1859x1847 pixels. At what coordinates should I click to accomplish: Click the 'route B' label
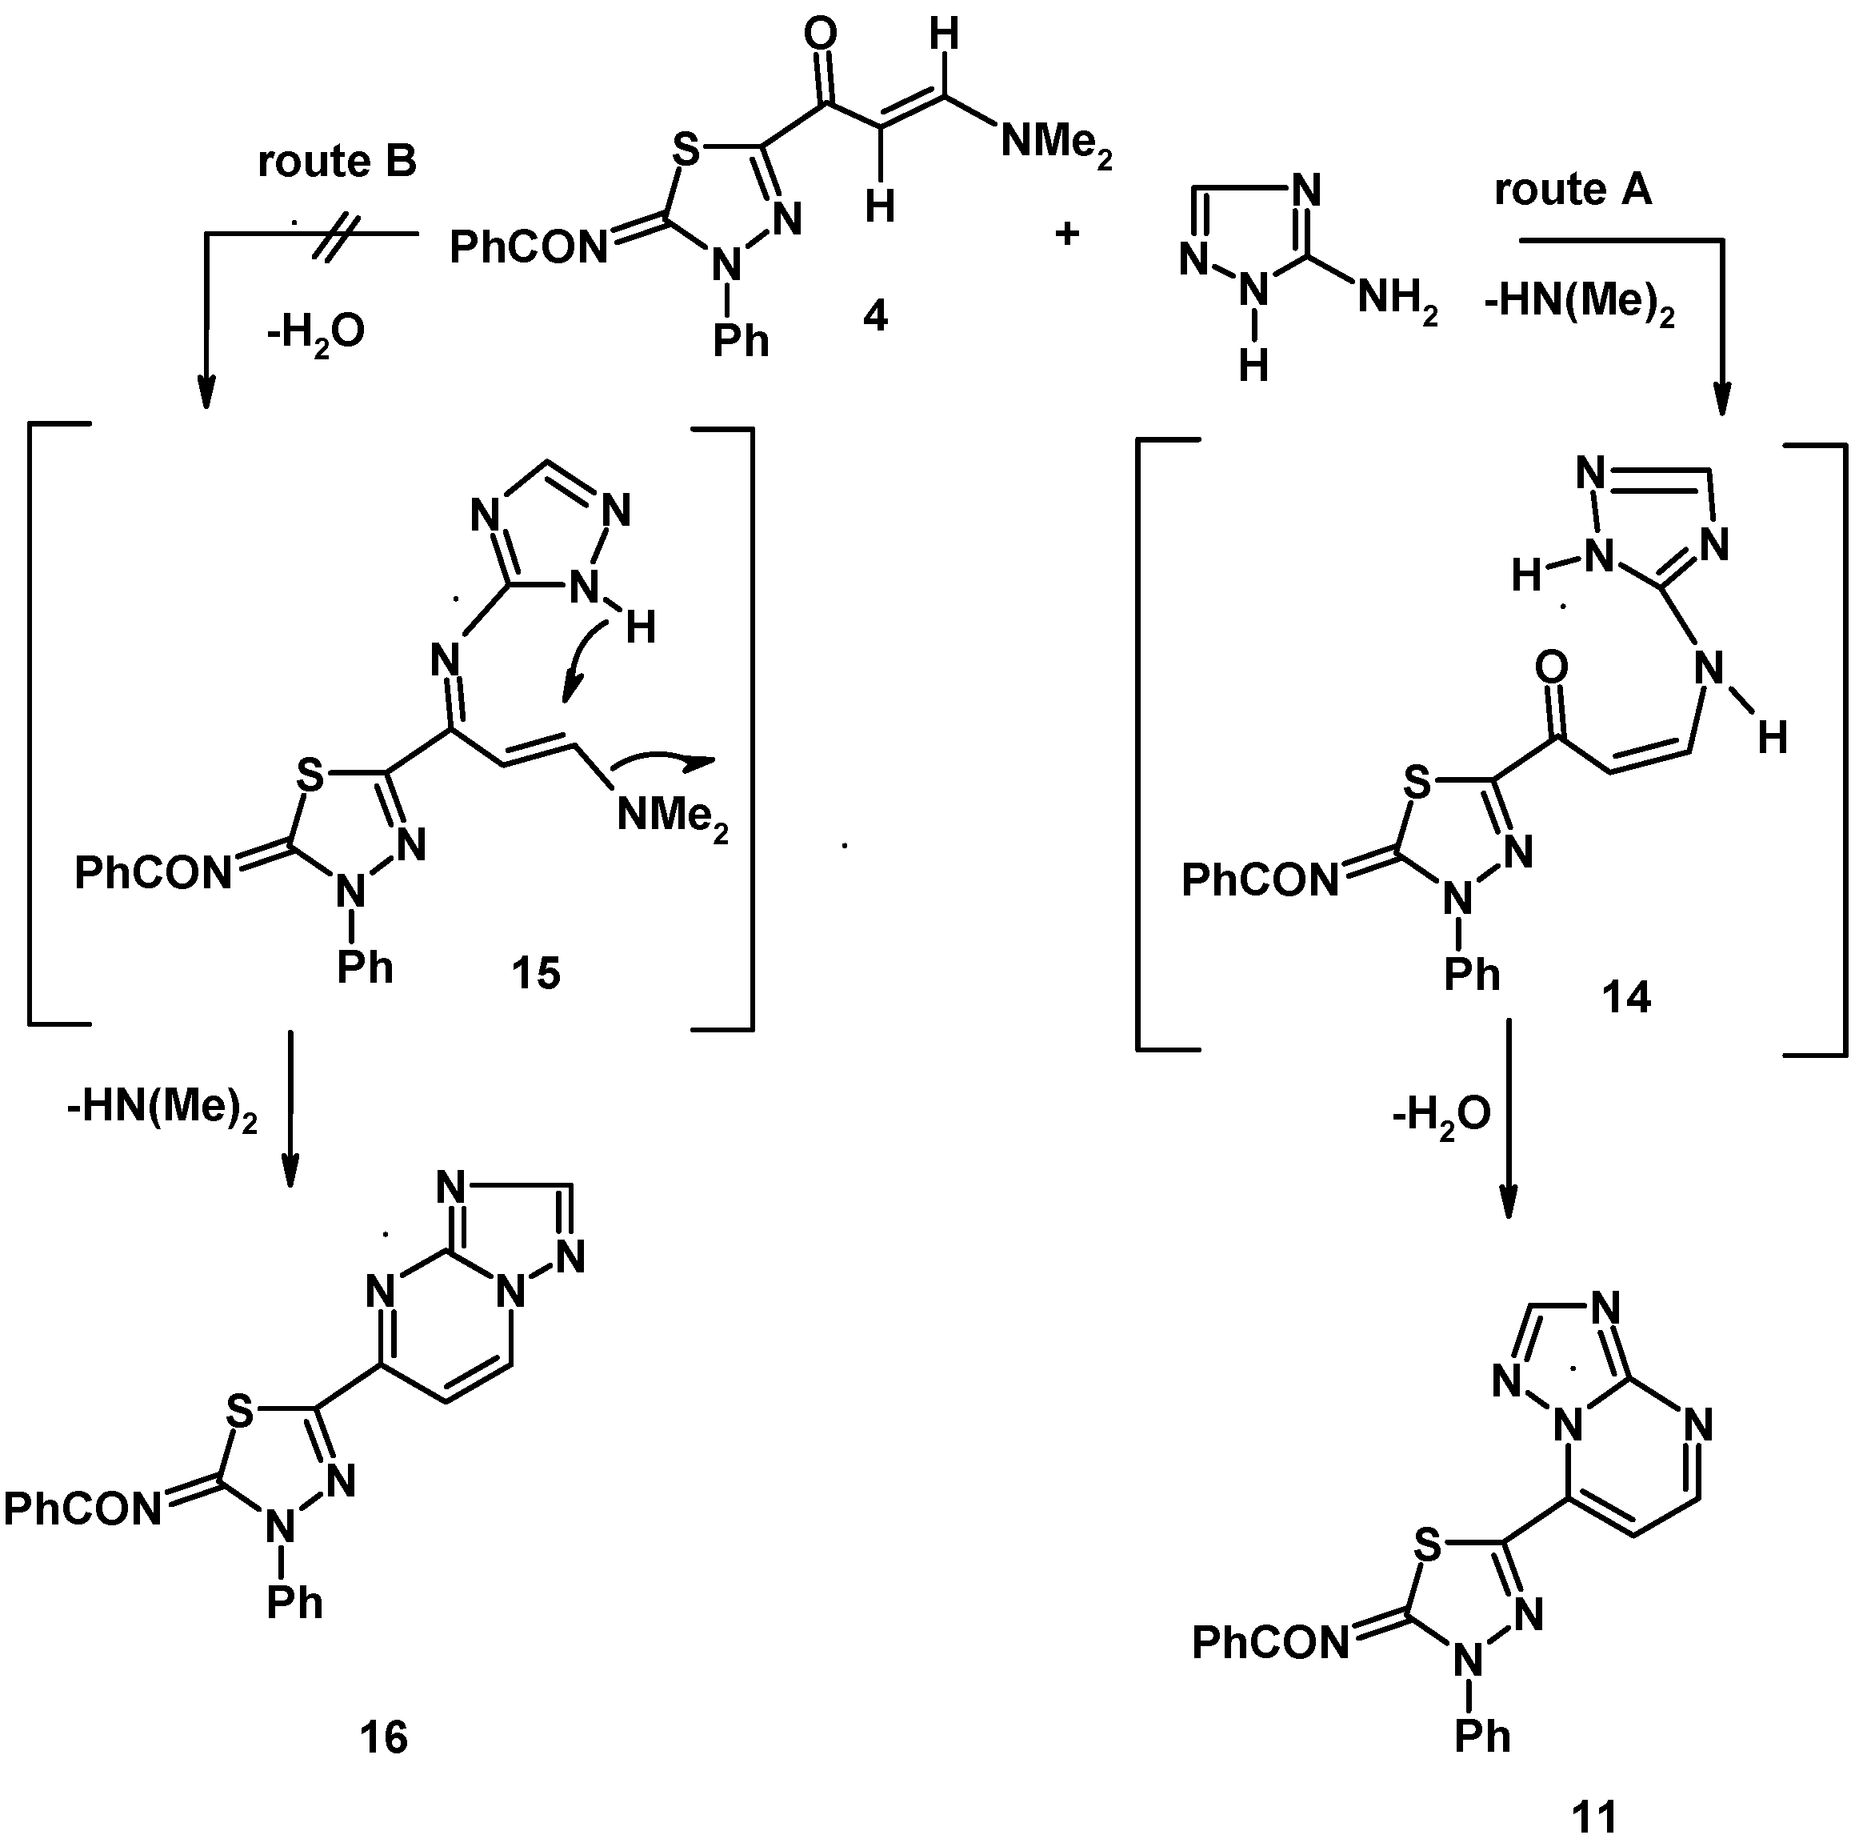[337, 162]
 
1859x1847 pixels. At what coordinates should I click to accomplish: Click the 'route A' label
[1573, 190]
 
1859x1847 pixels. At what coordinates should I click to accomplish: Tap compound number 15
[536, 974]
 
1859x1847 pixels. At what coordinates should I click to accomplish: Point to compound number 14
[1626, 997]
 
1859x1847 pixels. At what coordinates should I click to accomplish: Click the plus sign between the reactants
[1067, 234]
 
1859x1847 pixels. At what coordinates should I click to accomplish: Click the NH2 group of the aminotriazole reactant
[1397, 300]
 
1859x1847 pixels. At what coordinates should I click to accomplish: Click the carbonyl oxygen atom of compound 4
[820, 36]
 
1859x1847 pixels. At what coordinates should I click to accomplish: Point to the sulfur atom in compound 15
[309, 775]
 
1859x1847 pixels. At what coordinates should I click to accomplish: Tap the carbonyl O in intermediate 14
[1551, 666]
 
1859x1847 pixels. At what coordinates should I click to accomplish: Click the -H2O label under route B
[316, 333]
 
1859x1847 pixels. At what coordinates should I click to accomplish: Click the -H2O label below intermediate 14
[1441, 1115]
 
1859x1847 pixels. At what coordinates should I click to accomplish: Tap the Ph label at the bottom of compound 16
[294, 1603]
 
